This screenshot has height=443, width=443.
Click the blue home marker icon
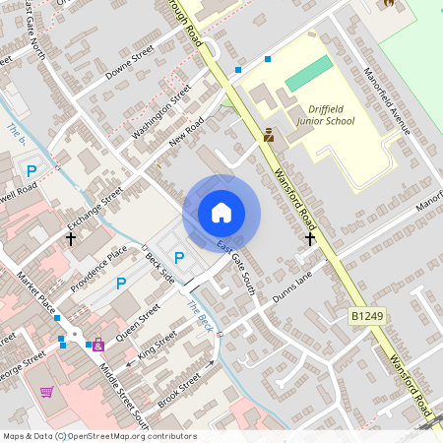(x=221, y=212)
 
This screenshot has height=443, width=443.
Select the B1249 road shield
(x=365, y=316)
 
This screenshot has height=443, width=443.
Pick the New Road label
(x=185, y=129)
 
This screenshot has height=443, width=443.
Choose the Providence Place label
(x=98, y=268)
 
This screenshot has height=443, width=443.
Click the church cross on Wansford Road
(x=310, y=238)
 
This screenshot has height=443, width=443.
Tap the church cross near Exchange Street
(x=71, y=238)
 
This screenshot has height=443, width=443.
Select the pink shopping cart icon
(x=46, y=392)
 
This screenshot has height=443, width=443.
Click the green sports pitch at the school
(x=309, y=71)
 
